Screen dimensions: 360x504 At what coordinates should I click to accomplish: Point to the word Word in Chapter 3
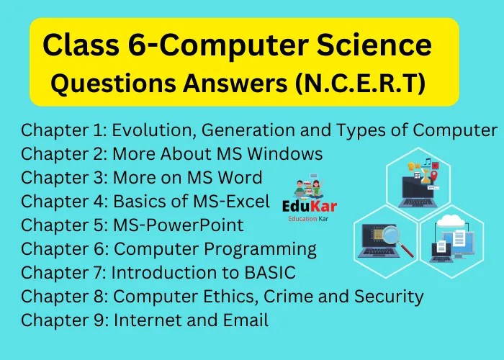240,177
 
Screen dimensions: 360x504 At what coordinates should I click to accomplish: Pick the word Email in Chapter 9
244,320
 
